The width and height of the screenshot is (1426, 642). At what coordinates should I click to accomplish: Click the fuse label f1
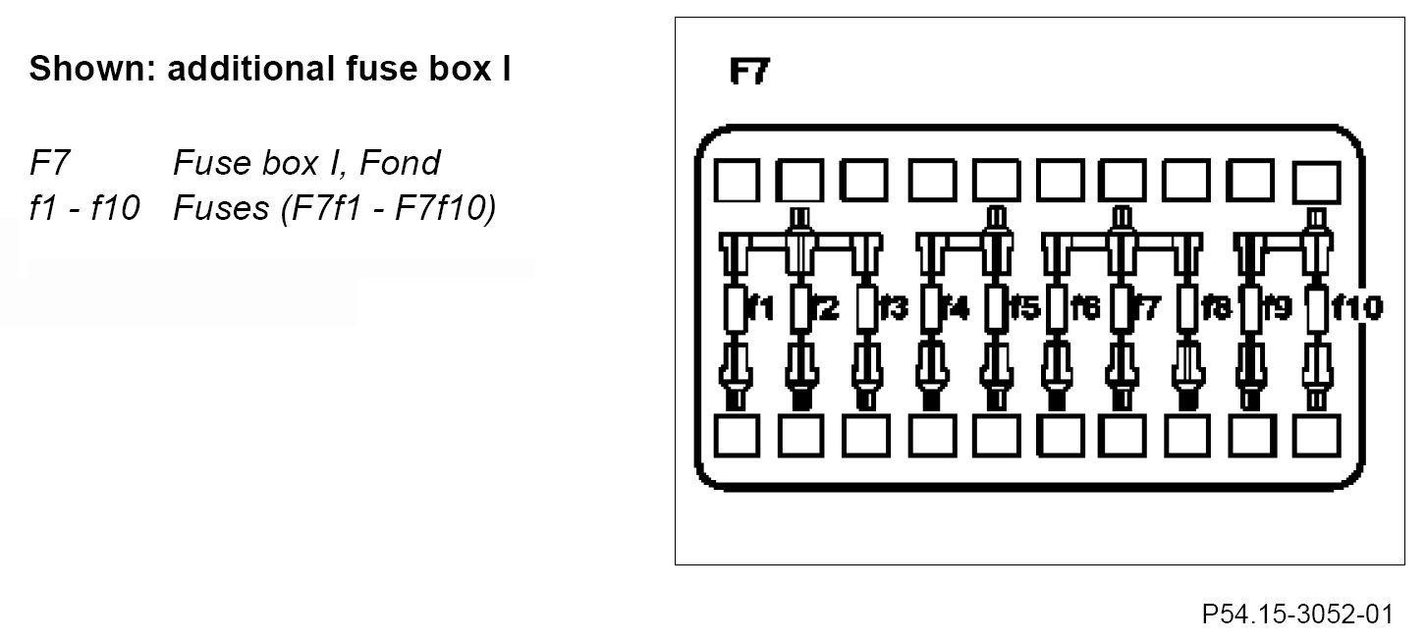(x=762, y=309)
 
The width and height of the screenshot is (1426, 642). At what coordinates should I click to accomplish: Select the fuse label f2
(x=826, y=309)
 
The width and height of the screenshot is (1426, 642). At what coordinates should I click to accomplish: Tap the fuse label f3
(x=892, y=309)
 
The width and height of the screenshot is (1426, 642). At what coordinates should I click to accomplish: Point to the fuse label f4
(x=955, y=309)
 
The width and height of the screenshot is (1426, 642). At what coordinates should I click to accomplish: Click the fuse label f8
(x=1216, y=309)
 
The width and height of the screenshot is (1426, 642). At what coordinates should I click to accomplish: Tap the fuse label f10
(x=1357, y=309)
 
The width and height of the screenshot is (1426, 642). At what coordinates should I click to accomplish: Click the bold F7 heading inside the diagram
(x=749, y=73)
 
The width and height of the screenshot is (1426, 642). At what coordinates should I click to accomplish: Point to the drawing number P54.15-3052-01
(x=1296, y=615)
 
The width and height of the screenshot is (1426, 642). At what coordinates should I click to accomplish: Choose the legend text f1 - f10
(x=84, y=209)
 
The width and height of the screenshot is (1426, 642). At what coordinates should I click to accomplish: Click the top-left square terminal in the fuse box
(x=737, y=181)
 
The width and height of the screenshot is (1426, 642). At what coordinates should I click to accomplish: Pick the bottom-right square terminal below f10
(x=1316, y=437)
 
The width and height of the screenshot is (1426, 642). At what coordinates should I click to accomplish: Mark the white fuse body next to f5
(x=996, y=309)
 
